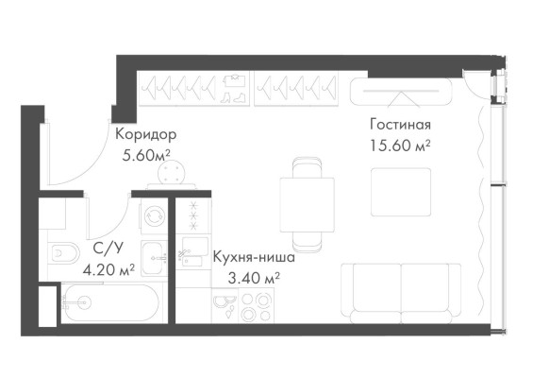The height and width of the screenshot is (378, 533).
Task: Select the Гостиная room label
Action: click(400, 125)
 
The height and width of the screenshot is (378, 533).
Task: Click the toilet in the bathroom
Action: click(65, 254)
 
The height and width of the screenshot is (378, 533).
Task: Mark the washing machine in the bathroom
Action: click(153, 215)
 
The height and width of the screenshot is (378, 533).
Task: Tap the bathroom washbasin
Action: click(154, 254)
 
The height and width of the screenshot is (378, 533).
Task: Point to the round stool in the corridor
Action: click(174, 173)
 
